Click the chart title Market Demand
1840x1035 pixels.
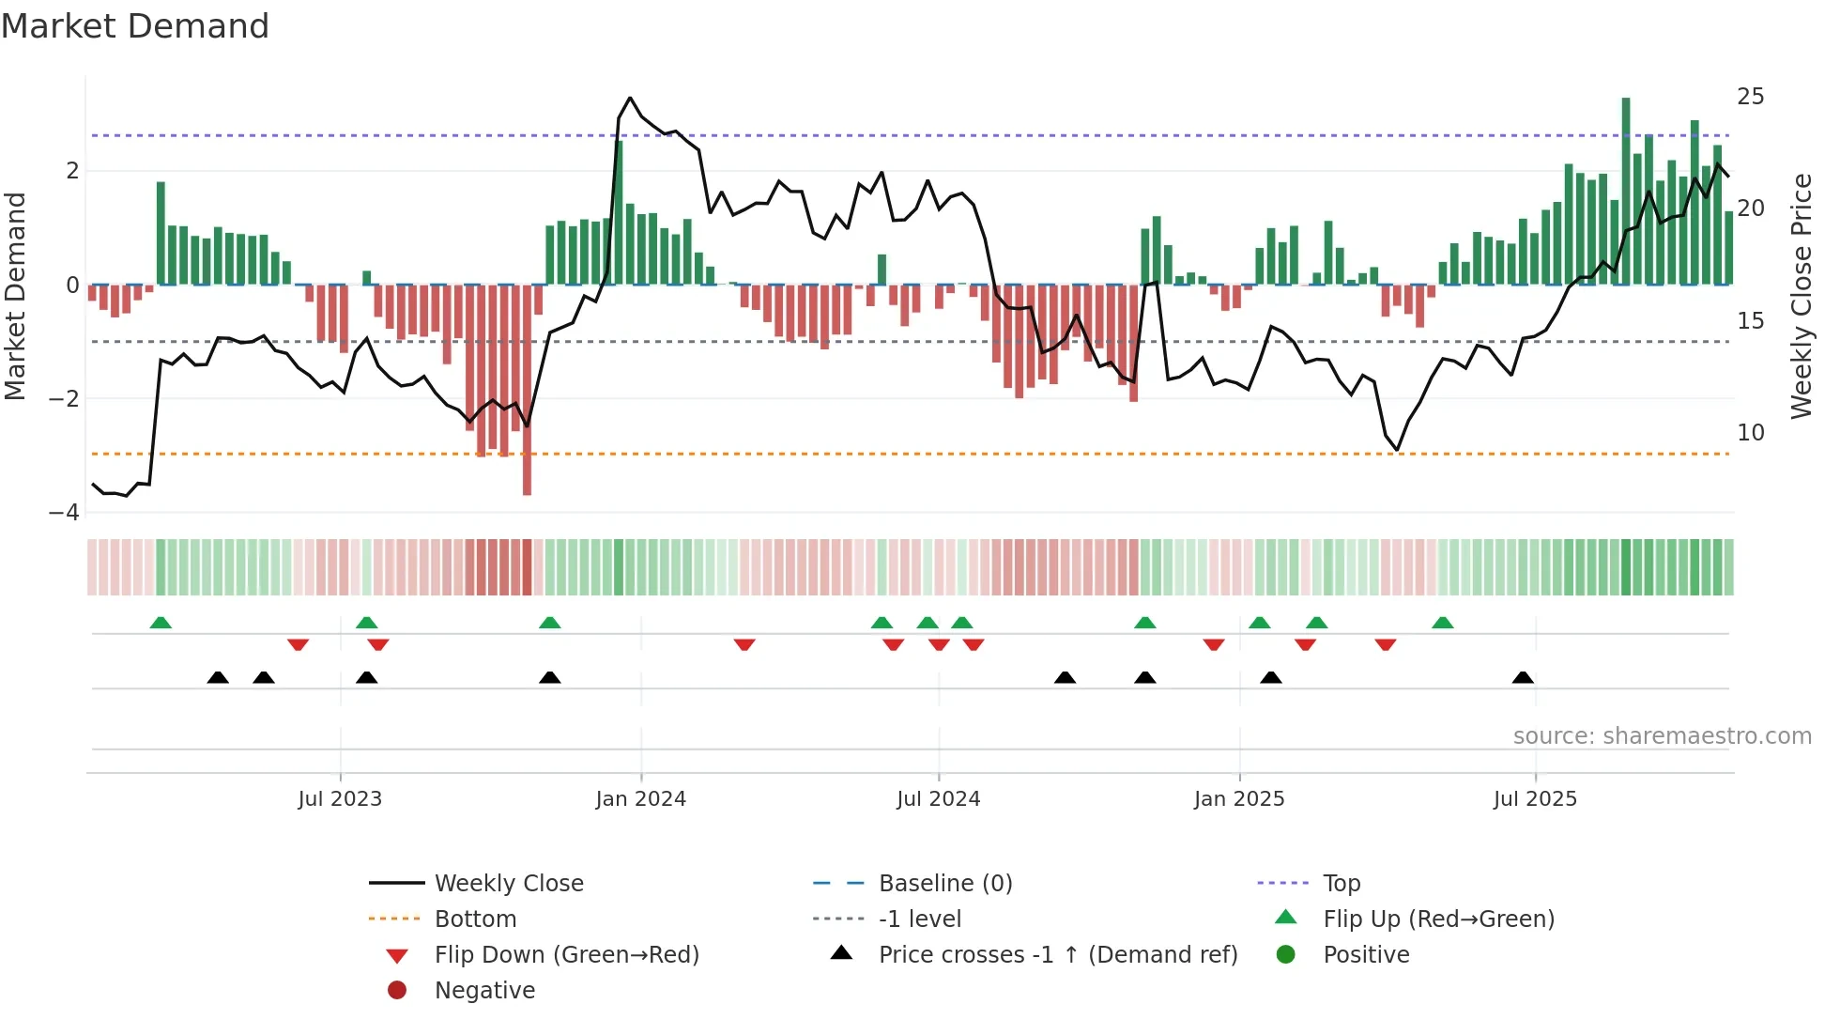(x=135, y=26)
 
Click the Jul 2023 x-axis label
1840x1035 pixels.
(x=340, y=799)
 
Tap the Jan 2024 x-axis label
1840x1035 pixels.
(x=640, y=799)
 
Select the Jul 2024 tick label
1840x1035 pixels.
(x=938, y=799)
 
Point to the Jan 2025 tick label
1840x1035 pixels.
(x=1239, y=799)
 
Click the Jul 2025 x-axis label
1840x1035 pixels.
(x=1535, y=799)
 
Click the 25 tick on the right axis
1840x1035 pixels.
(x=1750, y=97)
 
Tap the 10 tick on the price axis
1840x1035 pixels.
(x=1750, y=433)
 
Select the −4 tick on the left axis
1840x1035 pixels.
(x=64, y=513)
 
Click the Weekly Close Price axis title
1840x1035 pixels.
(x=1801, y=296)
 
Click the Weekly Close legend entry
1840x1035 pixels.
(x=508, y=884)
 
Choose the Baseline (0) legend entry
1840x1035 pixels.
(x=944, y=884)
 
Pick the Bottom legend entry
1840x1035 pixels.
(x=475, y=919)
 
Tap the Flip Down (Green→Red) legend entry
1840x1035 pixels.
(x=566, y=955)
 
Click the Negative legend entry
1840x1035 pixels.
(x=484, y=991)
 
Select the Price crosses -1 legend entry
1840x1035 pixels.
(x=1057, y=955)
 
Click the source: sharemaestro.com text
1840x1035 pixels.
(x=1662, y=736)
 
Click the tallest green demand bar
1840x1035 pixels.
(x=1626, y=188)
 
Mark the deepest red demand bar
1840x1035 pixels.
(x=527, y=390)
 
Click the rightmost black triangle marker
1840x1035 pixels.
(x=1523, y=678)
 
